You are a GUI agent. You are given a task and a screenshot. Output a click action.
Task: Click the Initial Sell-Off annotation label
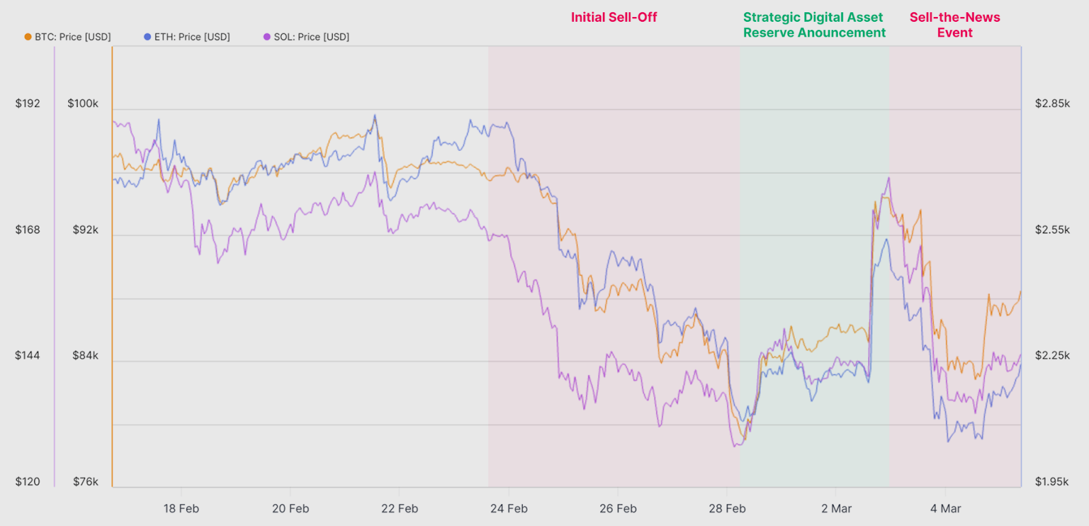coord(614,18)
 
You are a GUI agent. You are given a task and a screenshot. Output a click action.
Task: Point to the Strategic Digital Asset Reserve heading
coord(814,25)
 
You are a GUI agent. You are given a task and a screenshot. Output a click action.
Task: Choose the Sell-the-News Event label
coord(955,25)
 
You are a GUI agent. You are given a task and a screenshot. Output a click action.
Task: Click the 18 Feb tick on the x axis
coord(181,508)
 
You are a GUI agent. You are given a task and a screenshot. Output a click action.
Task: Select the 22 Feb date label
coord(400,508)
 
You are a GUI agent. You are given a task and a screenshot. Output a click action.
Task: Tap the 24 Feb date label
coord(509,508)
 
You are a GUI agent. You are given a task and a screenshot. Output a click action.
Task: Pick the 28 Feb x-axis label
coord(727,508)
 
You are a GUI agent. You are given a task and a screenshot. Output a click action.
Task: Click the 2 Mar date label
coord(836,508)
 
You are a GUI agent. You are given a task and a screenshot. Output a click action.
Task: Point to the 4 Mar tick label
coord(945,508)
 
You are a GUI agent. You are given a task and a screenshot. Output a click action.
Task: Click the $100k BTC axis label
coord(83,103)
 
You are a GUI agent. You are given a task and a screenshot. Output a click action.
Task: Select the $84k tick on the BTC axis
coord(86,355)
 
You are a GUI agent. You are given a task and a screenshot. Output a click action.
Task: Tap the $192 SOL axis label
coord(28,103)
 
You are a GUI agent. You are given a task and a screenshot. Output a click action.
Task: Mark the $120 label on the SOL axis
coord(28,482)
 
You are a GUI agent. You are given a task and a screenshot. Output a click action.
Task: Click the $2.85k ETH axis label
coord(1052,103)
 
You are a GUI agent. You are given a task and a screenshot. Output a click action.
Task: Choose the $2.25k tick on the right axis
coord(1052,355)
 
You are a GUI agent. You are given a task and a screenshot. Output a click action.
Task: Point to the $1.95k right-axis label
coord(1052,482)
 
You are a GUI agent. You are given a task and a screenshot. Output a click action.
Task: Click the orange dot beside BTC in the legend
coord(28,37)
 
